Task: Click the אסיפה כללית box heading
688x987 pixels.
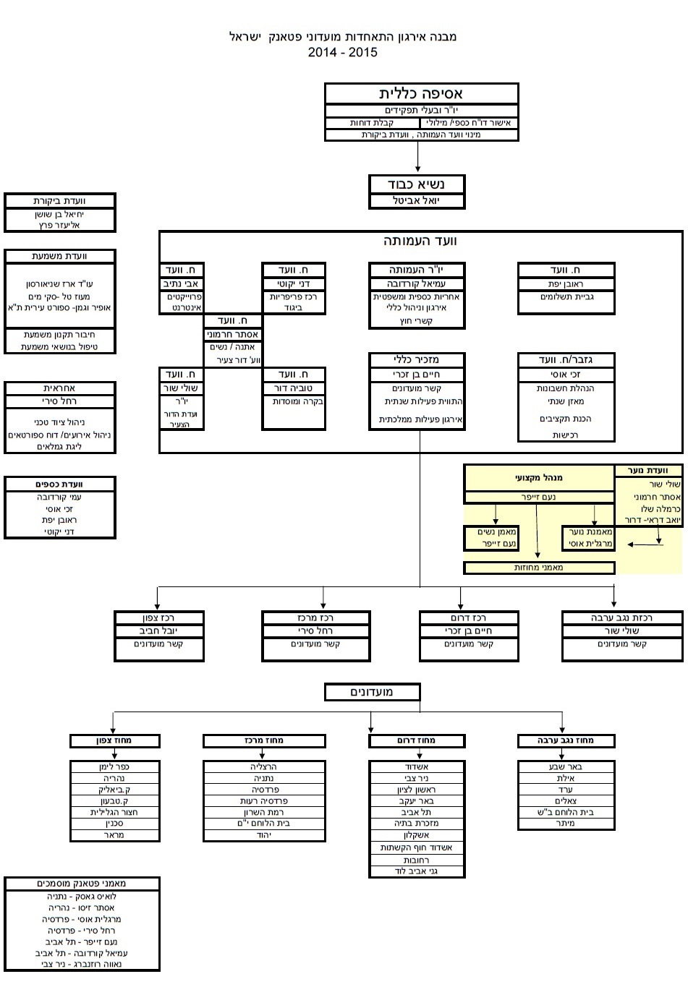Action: pyautogui.click(x=421, y=94)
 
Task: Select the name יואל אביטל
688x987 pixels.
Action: pyautogui.click(x=417, y=201)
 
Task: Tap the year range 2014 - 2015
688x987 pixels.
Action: pyautogui.click(x=342, y=52)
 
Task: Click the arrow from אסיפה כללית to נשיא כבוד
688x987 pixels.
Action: pyautogui.click(x=418, y=157)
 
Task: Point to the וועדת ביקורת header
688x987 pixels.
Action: pyautogui.click(x=59, y=201)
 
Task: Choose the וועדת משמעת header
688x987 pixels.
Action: pyautogui.click(x=59, y=256)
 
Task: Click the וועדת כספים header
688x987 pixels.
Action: pyautogui.click(x=59, y=484)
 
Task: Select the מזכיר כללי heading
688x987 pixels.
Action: pyautogui.click(x=417, y=359)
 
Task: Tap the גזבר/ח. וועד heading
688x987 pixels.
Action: pyautogui.click(x=566, y=359)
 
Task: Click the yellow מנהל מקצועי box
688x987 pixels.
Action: pyautogui.click(x=539, y=478)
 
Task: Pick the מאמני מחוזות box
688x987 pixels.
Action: pyautogui.click(x=539, y=568)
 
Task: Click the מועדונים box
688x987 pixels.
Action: pyautogui.click(x=372, y=692)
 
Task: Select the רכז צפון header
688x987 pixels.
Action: pyautogui.click(x=159, y=618)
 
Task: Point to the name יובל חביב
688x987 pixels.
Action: pyautogui.click(x=159, y=631)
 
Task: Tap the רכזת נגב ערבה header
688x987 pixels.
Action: pyautogui.click(x=622, y=618)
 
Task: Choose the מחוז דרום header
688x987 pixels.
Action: pyautogui.click(x=417, y=740)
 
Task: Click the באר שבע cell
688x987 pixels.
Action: pyautogui.click(x=566, y=766)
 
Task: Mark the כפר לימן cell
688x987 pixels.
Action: pyautogui.click(x=114, y=766)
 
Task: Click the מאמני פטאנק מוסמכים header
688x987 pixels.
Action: pyautogui.click(x=82, y=884)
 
